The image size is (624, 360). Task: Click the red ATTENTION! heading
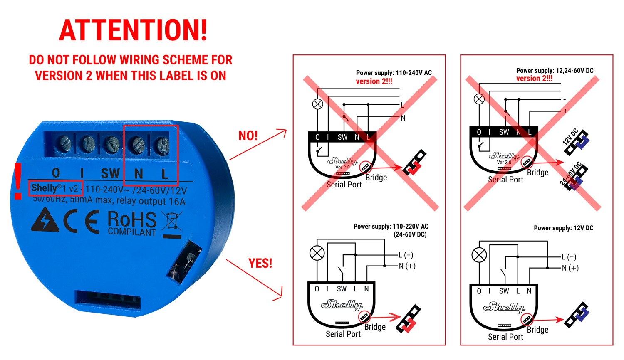click(133, 30)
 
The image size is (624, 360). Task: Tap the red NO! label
click(248, 136)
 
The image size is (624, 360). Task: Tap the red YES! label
click(260, 263)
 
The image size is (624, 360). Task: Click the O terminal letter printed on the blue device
click(56, 173)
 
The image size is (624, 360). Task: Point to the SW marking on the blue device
click(110, 173)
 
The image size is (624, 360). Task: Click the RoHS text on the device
click(132, 219)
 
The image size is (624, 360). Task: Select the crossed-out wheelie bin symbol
click(172, 225)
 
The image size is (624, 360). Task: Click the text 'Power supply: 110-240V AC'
click(394, 73)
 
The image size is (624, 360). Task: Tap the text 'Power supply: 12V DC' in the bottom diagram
click(563, 228)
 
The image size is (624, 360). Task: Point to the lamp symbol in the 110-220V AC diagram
click(317, 253)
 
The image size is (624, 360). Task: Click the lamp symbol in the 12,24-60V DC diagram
click(479, 99)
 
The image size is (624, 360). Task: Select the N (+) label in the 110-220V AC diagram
click(407, 266)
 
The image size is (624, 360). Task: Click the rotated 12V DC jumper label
click(570, 137)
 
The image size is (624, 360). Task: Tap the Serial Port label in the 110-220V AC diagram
click(343, 334)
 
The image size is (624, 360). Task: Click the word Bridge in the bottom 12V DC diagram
click(537, 330)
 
